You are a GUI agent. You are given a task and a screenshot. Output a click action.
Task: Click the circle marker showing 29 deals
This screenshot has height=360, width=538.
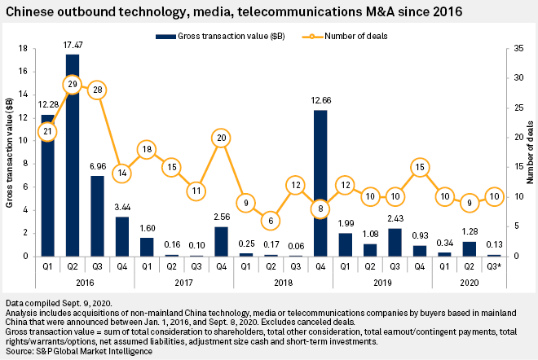click(x=72, y=85)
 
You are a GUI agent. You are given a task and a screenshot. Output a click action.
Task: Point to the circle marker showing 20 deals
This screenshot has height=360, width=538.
click(x=220, y=138)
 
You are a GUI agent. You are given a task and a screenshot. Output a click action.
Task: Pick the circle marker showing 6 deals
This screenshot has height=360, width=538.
click(x=270, y=220)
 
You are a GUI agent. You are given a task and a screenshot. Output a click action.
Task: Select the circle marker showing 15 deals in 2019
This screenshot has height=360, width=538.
click(x=419, y=167)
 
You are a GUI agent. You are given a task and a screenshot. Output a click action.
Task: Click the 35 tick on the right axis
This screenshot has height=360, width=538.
click(x=506, y=48)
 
